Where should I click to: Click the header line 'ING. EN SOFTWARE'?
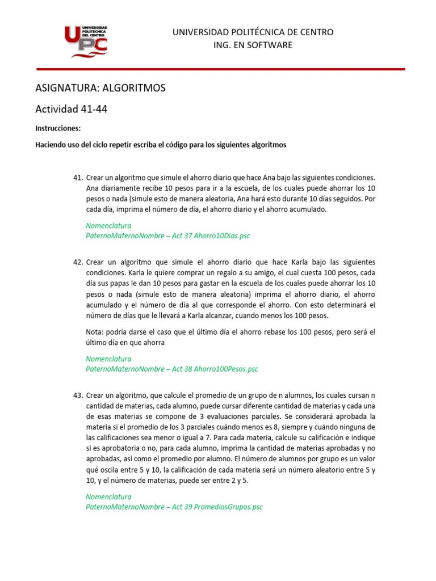pyautogui.click(x=253, y=45)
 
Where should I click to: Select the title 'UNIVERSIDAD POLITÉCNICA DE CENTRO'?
pyautogui.click(x=253, y=32)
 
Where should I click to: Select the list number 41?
pyautogui.click(x=78, y=178)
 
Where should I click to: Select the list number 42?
pyautogui.click(x=78, y=262)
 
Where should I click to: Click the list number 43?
pyautogui.click(x=78, y=395)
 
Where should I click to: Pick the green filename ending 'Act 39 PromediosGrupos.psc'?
pyautogui.click(x=174, y=507)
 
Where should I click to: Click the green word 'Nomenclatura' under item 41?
pyautogui.click(x=108, y=225)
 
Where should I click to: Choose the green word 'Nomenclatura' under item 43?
pyautogui.click(x=108, y=496)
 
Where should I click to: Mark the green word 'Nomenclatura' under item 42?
pyautogui.click(x=108, y=359)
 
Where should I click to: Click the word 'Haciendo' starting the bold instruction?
pyautogui.click(x=52, y=145)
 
